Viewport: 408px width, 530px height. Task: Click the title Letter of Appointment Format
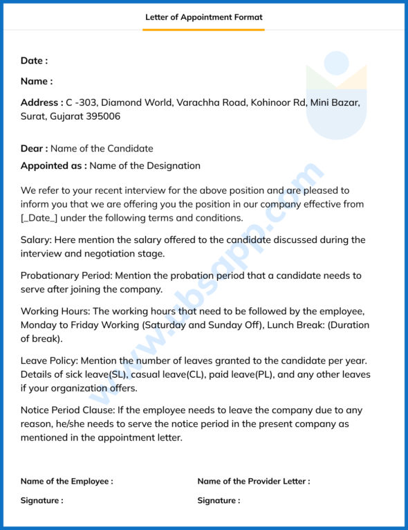pyautogui.click(x=204, y=17)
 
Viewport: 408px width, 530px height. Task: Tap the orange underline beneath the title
pyautogui.click(x=204, y=30)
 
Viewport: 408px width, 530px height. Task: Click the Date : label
pyautogui.click(x=34, y=61)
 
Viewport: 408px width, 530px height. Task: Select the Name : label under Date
pyautogui.click(x=36, y=82)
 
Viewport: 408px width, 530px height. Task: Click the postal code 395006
pyautogui.click(x=102, y=116)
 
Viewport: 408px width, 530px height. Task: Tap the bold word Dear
pyautogui.click(x=34, y=148)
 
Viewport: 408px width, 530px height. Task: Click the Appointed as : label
pyautogui.click(x=53, y=166)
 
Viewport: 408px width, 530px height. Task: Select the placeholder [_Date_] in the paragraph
pyautogui.click(x=39, y=218)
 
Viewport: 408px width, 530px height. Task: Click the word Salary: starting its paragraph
pyautogui.click(x=37, y=239)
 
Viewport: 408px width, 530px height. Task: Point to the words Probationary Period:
pyautogui.click(x=68, y=275)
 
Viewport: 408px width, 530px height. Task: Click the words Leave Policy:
pyautogui.click(x=50, y=360)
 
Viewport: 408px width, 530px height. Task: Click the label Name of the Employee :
pyautogui.click(x=66, y=481)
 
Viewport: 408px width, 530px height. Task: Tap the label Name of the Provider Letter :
pyautogui.click(x=253, y=481)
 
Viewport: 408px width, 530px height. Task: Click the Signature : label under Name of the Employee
pyautogui.click(x=41, y=500)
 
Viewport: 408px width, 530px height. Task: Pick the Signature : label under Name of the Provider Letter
pyautogui.click(x=219, y=500)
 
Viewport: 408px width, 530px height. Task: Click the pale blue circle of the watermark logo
pyautogui.click(x=337, y=63)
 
